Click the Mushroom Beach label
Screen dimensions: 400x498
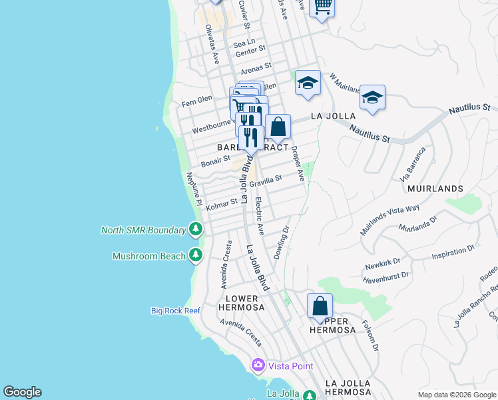pyautogui.click(x=148, y=256)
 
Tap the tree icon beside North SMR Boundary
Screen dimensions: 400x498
pyautogui.click(x=195, y=230)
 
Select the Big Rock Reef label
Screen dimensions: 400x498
pyautogui.click(x=176, y=311)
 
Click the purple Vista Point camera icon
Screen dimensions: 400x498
pyautogui.click(x=258, y=365)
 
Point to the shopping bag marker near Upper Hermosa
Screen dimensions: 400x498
pyautogui.click(x=320, y=307)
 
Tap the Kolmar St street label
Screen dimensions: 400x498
pyautogui.click(x=222, y=202)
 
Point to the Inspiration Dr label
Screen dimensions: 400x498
pyautogui.click(x=453, y=251)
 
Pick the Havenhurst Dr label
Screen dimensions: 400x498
pyautogui.click(x=386, y=274)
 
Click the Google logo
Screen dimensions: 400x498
pyautogui.click(x=22, y=392)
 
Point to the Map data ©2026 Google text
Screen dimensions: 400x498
pyautogui.click(x=456, y=395)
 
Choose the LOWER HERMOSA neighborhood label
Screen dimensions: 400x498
pyautogui.click(x=241, y=303)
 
